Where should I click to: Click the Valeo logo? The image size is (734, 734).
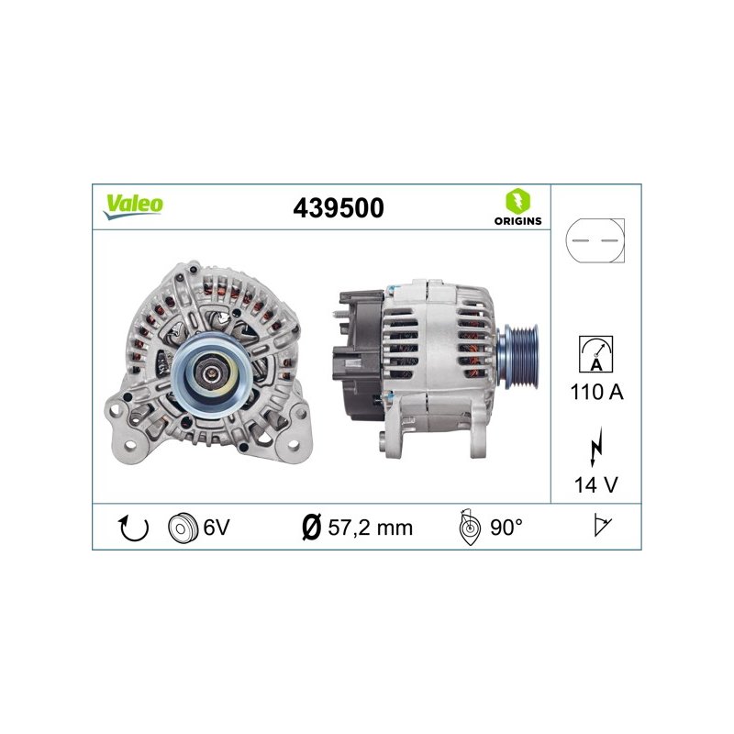point(133,206)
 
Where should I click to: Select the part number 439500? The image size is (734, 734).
point(339,208)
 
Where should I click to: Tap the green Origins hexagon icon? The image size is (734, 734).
point(517,201)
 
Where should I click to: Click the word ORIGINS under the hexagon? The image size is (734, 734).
point(517,221)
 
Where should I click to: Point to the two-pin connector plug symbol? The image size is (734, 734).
point(595,240)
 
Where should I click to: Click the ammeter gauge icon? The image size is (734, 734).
point(595,354)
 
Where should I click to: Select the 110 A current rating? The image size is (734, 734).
point(597,392)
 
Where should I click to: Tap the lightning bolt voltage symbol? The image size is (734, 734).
point(595,446)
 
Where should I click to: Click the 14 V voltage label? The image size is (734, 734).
point(595,484)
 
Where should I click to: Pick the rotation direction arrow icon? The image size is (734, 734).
point(134,528)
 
